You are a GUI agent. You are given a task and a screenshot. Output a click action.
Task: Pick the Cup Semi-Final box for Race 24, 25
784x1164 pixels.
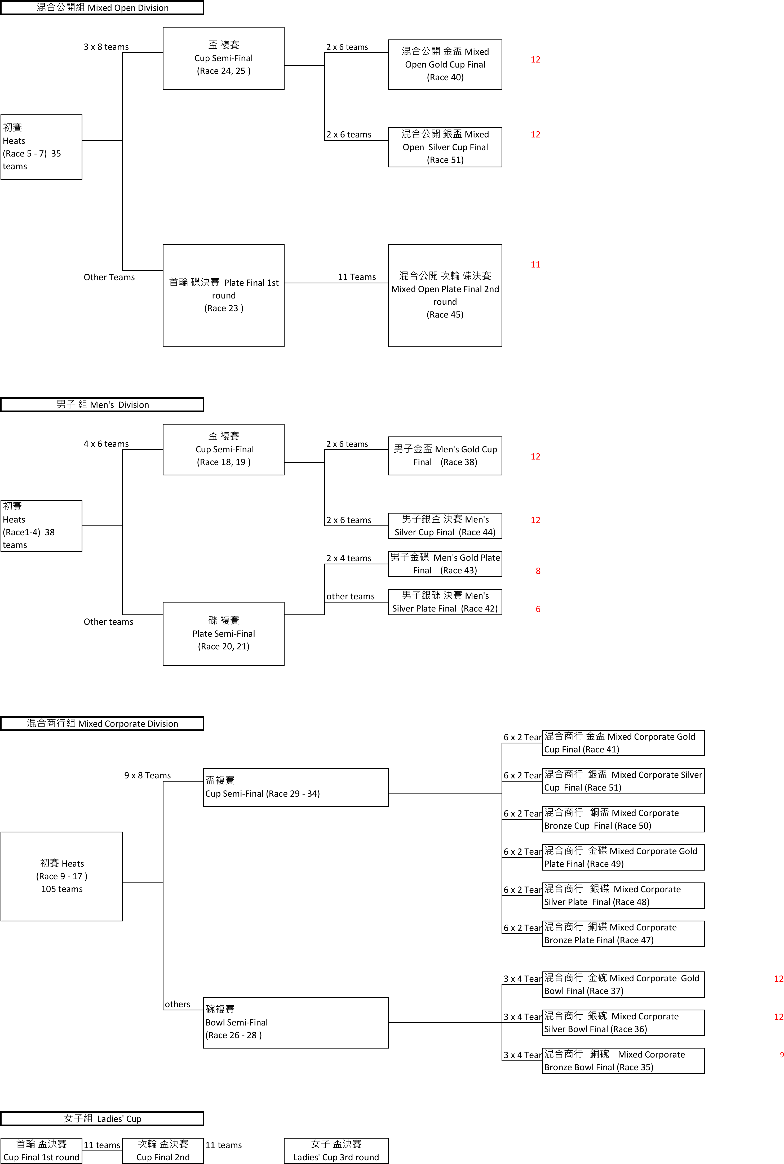coord(224,58)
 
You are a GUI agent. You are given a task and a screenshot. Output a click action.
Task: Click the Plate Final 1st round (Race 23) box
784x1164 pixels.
coord(224,295)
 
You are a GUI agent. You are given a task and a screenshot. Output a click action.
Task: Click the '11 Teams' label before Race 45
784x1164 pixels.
coord(357,277)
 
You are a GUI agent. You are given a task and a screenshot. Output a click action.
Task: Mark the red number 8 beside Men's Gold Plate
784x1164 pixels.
coord(538,571)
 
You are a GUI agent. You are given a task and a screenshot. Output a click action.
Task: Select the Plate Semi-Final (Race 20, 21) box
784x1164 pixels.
coord(224,633)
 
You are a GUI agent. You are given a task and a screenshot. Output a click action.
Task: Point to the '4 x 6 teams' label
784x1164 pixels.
coord(106,444)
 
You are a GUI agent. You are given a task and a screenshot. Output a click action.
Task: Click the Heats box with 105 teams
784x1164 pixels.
coord(61,876)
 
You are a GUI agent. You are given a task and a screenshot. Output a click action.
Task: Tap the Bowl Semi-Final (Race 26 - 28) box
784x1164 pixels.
coord(295,1022)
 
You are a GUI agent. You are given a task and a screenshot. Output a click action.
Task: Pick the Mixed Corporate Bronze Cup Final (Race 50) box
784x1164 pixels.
coord(623,819)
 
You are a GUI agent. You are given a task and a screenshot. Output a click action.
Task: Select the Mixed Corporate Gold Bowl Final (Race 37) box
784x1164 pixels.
coord(623,984)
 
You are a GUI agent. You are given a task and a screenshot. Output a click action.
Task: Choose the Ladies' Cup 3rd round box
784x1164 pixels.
coord(336,1150)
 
